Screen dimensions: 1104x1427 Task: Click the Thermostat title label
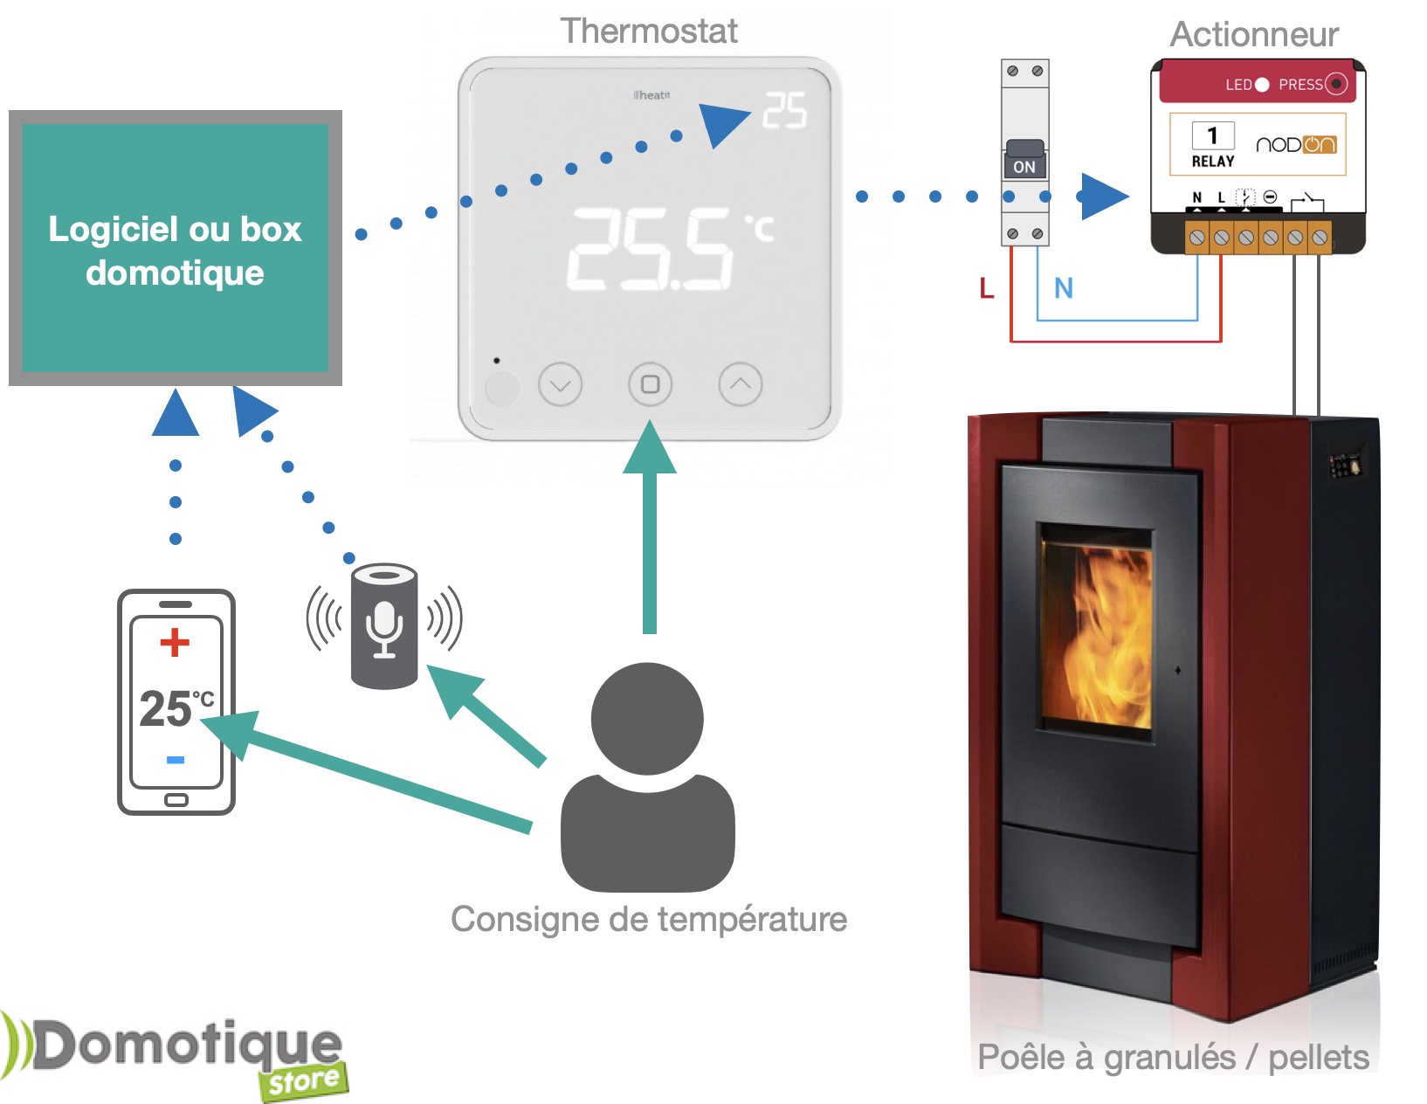(649, 31)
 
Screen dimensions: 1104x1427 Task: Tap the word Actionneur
(1253, 35)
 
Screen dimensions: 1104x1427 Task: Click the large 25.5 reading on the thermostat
(651, 249)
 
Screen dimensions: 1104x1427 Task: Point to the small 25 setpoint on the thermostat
(784, 112)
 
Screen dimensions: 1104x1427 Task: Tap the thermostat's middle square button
(650, 384)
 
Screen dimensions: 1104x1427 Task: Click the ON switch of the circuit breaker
(1024, 166)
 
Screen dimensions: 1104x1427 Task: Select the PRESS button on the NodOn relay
(1336, 84)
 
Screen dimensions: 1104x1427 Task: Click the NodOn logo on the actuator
(1296, 145)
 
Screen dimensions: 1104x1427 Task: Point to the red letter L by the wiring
(987, 288)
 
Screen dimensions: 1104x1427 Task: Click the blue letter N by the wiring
(1063, 288)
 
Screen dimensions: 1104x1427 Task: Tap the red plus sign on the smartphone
(175, 642)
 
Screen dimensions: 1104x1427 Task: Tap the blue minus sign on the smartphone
(176, 760)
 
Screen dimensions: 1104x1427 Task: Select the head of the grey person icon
(647, 718)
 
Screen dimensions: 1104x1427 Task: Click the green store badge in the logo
(303, 1081)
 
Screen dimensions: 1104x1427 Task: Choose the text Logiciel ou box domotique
(175, 251)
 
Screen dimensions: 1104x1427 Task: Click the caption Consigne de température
(649, 919)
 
